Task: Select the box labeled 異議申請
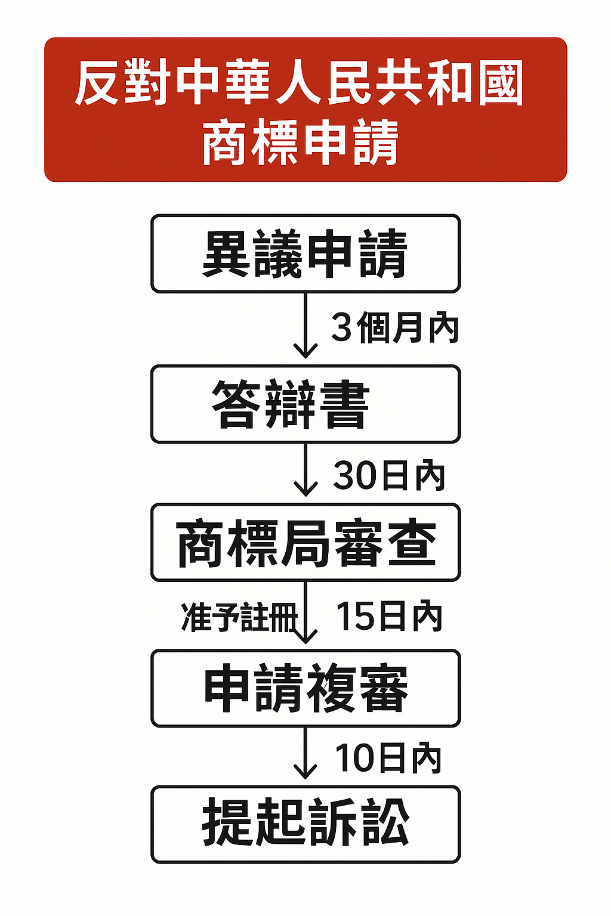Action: (305, 253)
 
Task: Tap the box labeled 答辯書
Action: (305, 404)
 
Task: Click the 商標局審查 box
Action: (305, 543)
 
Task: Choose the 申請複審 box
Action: (305, 688)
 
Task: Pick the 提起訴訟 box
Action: (305, 824)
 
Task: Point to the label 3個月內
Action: (395, 327)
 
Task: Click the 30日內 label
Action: (389, 475)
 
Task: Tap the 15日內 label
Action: (389, 616)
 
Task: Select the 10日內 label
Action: (388, 758)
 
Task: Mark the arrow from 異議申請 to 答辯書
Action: (305, 325)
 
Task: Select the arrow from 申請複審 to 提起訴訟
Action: (305, 754)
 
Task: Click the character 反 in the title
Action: (98, 83)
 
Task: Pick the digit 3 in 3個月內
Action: (342, 327)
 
